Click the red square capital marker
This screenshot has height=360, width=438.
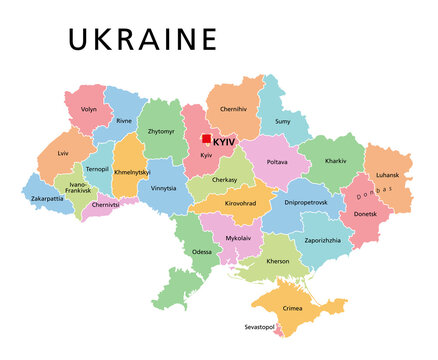tap(206, 140)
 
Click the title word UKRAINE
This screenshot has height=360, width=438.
tap(141, 40)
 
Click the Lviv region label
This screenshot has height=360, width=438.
tap(63, 155)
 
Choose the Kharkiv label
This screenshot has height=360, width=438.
tap(336, 160)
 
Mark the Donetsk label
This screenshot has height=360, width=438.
tap(367, 214)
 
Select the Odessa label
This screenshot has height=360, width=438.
tap(201, 252)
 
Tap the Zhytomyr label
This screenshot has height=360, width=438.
tap(162, 131)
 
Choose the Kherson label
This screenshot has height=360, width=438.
tap(278, 261)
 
